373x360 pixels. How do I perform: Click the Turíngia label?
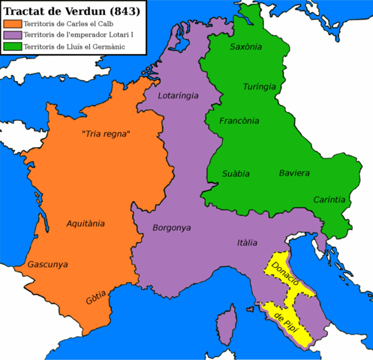pos(260,87)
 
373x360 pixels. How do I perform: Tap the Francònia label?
pos(239,121)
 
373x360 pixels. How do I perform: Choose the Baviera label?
pos(294,173)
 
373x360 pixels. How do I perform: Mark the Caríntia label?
pos(330,199)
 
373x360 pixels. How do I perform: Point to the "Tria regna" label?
pos(106,134)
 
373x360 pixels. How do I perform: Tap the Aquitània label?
pos(86,223)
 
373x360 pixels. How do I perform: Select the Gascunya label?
pos(47,265)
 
